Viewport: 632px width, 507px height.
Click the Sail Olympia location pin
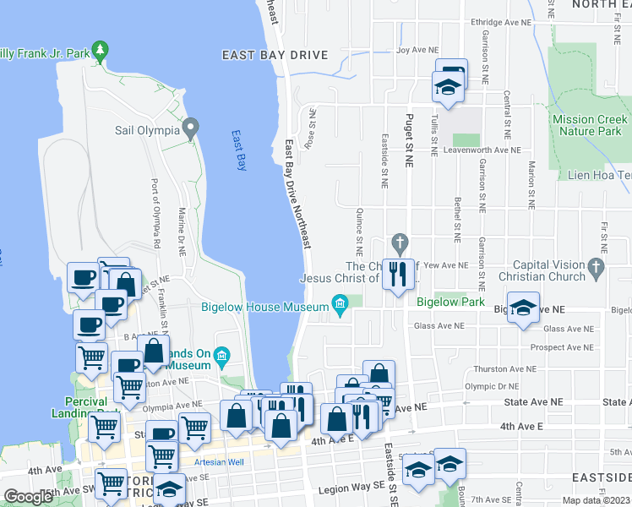(x=191, y=130)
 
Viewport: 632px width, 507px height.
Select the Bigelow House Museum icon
(x=341, y=304)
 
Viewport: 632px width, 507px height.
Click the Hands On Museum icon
(x=222, y=354)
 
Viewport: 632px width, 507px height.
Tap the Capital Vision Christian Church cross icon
(x=597, y=269)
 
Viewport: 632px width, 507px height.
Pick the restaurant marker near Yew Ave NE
(x=398, y=274)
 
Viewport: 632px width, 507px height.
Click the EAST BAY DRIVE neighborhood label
(x=274, y=55)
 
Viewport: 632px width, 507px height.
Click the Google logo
(x=28, y=497)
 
